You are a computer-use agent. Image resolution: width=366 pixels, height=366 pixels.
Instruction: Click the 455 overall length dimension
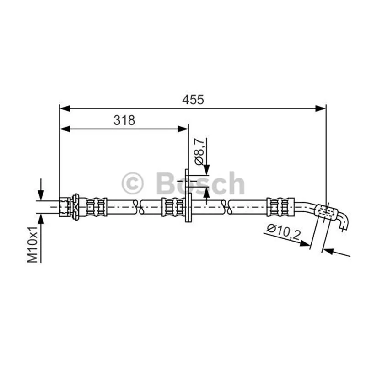(x=193, y=100)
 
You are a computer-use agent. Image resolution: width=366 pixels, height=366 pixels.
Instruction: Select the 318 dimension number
(x=124, y=120)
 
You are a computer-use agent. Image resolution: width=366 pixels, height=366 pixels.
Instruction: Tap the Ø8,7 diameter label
(x=200, y=151)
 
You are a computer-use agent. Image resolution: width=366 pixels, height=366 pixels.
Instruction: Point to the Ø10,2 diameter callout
(x=284, y=232)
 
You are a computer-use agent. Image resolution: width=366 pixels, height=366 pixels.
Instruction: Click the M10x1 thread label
(x=32, y=244)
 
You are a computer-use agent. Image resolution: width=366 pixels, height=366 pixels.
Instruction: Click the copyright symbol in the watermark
(x=132, y=183)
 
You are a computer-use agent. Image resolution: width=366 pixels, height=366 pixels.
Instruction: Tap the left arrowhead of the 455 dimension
(x=65, y=108)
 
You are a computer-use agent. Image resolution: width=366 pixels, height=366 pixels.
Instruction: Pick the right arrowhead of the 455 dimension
(x=320, y=108)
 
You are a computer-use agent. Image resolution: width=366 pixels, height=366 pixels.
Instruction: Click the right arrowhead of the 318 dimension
(x=183, y=129)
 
